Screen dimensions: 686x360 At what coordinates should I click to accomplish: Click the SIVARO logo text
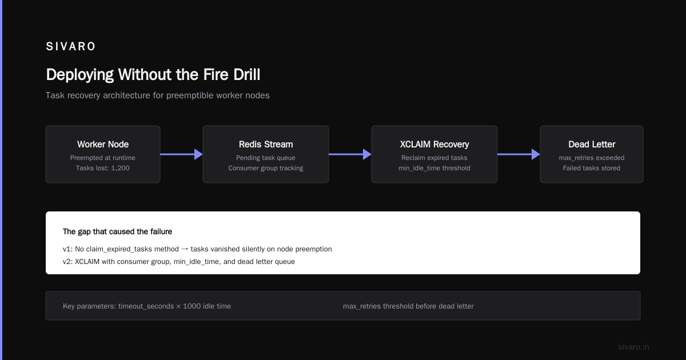pos(70,46)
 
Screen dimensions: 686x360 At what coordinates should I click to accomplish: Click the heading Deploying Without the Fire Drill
pos(153,75)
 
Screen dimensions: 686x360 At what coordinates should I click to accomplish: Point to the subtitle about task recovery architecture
pos(157,95)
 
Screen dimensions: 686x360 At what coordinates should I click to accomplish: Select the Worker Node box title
pos(103,144)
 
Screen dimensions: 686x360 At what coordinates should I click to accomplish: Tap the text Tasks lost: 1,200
pos(103,168)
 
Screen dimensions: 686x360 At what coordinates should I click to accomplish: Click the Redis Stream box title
pos(266,144)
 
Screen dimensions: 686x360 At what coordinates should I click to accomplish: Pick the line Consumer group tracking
pos(266,168)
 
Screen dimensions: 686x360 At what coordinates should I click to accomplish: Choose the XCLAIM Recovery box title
pos(434,144)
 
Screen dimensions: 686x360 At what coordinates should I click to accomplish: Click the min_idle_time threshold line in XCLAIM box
pos(434,168)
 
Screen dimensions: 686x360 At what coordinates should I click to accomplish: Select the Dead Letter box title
pos(592,144)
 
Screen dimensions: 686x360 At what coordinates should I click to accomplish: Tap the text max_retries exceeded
pos(592,158)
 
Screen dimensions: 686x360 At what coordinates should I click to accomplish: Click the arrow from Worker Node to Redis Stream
pos(181,154)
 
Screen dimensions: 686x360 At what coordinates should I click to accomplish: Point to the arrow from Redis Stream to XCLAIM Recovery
pos(350,154)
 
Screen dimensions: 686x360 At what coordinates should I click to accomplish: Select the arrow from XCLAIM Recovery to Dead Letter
pos(519,154)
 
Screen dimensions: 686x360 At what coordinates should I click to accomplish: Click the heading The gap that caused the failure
pos(117,232)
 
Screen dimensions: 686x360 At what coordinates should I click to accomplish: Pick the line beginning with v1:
pos(197,249)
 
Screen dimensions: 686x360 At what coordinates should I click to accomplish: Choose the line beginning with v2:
pos(179,262)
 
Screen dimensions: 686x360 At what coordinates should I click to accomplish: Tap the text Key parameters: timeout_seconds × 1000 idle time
pos(147,306)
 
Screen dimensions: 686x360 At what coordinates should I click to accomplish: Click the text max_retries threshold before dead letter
pos(408,306)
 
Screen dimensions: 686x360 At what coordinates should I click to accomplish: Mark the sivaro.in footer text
pos(633,347)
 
